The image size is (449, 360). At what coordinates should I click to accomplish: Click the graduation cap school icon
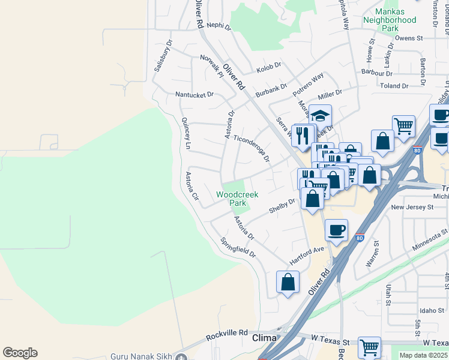click(x=321, y=115)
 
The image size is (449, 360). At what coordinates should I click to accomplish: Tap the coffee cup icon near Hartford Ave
click(x=337, y=230)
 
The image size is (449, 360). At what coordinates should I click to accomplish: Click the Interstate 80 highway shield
click(x=359, y=238)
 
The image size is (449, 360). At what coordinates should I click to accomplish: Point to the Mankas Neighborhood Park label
click(x=390, y=20)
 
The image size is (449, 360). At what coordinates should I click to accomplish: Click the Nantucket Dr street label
click(x=194, y=94)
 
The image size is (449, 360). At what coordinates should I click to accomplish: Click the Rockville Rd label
click(x=226, y=332)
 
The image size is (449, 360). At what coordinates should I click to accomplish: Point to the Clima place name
click(x=264, y=338)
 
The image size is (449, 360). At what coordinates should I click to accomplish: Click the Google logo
click(x=20, y=353)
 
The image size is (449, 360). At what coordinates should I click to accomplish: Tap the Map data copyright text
click(x=424, y=355)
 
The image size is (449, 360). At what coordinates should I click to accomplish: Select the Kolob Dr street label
click(x=268, y=67)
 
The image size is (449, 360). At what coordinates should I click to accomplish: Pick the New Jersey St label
click(x=412, y=207)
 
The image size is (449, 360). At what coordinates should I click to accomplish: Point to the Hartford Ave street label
click(x=306, y=254)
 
